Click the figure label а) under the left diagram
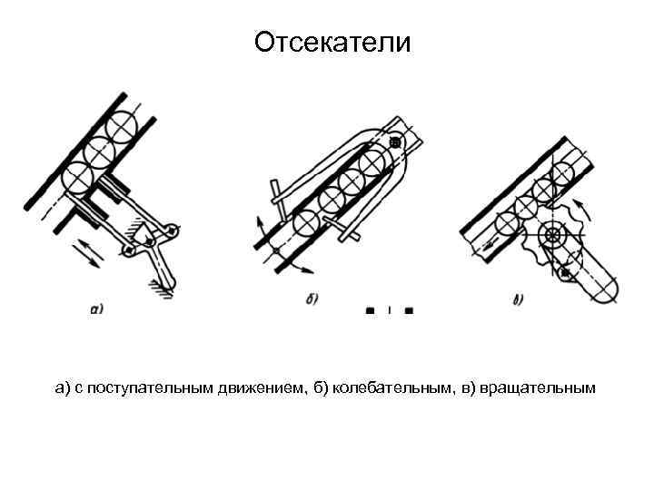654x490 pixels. pyautogui.click(x=97, y=308)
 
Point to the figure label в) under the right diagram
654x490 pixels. pyautogui.click(x=518, y=300)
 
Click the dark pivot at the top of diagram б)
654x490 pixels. pyautogui.click(x=395, y=142)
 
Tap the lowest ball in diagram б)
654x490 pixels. pyautogui.click(x=306, y=220)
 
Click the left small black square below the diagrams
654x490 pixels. pyautogui.click(x=370, y=309)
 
